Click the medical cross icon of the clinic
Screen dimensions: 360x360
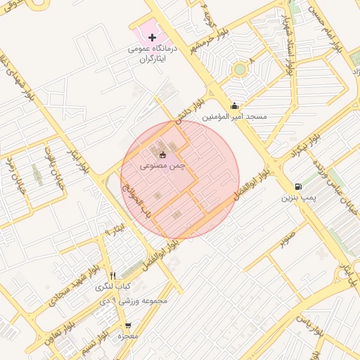(x=152, y=37)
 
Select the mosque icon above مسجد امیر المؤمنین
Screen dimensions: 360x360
(x=234, y=106)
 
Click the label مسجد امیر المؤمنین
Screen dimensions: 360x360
(x=235, y=117)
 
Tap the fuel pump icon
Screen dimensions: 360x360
(x=299, y=186)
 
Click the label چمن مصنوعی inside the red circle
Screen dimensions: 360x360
(x=162, y=165)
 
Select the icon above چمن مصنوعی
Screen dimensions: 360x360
(x=163, y=154)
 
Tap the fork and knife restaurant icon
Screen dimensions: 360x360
(x=112, y=276)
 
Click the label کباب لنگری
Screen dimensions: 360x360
(x=112, y=287)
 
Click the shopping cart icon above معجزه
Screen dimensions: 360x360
(x=127, y=326)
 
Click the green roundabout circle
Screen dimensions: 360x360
(x=240, y=69)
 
